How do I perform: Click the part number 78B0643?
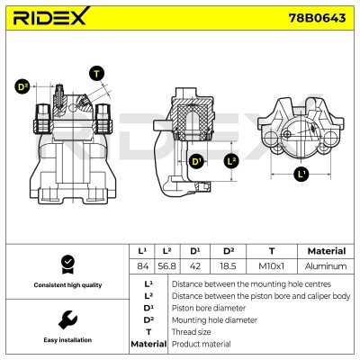[319, 19]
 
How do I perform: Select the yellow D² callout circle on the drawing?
[22, 87]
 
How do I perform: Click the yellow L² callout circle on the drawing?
[230, 161]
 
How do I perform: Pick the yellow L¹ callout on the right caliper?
[301, 174]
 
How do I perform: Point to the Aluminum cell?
[326, 266]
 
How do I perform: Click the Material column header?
[326, 251]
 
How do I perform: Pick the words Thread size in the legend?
[192, 331]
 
